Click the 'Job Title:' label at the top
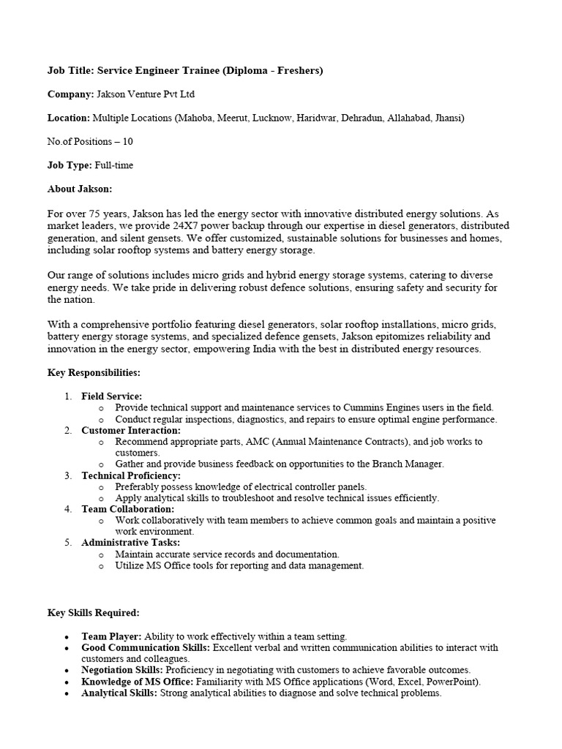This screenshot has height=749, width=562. click(70, 70)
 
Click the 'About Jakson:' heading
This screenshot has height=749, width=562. click(80, 189)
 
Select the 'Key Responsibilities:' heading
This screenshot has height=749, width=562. click(94, 372)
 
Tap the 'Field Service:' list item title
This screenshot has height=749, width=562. click(112, 396)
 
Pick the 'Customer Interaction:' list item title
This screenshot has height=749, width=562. click(131, 431)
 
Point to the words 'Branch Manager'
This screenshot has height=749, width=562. click(408, 464)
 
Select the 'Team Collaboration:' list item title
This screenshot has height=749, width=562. click(128, 508)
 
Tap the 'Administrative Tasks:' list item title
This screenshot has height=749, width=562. click(130, 543)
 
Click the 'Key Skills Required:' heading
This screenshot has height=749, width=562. click(93, 612)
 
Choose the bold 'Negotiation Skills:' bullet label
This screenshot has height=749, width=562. click(121, 669)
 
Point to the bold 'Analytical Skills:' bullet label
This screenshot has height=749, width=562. click(119, 693)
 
